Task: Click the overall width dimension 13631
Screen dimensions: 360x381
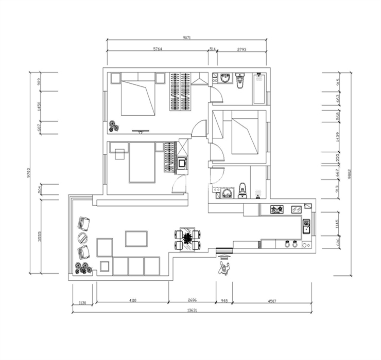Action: tap(192, 310)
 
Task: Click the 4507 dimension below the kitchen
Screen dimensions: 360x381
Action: tap(271, 301)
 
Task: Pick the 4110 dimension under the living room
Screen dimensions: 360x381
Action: tap(132, 301)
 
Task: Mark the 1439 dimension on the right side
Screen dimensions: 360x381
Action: tap(338, 137)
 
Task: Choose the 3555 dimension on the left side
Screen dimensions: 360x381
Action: tap(40, 236)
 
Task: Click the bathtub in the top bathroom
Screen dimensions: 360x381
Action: tap(259, 88)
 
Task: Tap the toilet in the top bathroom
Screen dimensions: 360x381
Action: tap(240, 80)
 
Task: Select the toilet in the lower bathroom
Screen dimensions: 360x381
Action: tap(243, 191)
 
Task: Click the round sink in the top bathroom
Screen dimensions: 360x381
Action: tap(225, 79)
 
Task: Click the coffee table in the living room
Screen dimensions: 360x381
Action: tap(136, 239)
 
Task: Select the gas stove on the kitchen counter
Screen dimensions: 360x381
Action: tap(277, 209)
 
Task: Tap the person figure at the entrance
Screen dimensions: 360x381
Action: tap(223, 266)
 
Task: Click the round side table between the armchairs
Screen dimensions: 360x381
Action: tap(82, 238)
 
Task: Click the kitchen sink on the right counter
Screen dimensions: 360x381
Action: tap(306, 226)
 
